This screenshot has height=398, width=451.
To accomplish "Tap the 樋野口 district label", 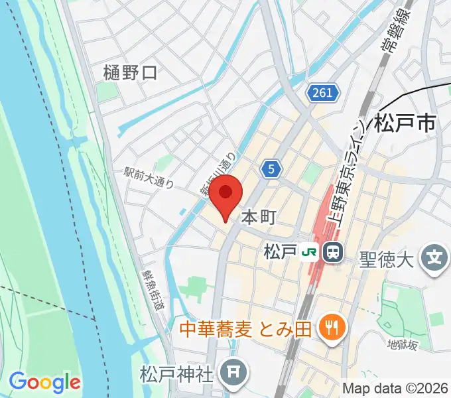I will coord(131,72).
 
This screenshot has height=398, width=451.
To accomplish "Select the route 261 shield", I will coord(323,94).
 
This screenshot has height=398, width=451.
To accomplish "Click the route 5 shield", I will coord(271,169).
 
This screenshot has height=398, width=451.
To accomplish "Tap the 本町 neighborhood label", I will coord(258,217).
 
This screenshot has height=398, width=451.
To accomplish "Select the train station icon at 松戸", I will coord(332,252).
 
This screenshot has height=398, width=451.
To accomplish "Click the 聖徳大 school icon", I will coord(434,255).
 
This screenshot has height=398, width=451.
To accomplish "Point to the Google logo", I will coord(44,382).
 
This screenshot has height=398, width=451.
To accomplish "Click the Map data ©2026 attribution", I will coord(395,387).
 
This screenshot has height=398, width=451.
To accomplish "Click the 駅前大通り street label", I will coord(149,176).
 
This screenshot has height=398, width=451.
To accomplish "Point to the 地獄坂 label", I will coord(403,345).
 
